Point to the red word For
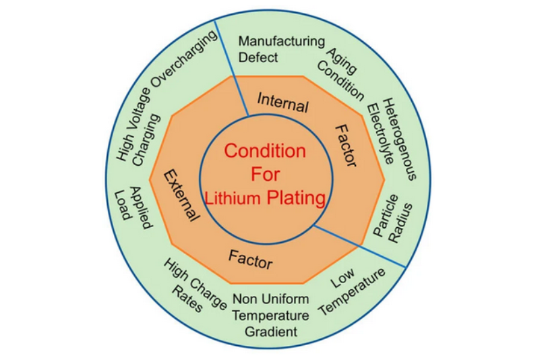(x=264, y=175)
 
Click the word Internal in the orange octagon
(x=283, y=103)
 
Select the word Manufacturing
(x=282, y=41)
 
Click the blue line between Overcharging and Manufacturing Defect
(x=231, y=67)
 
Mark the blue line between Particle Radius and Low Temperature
(x=361, y=246)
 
